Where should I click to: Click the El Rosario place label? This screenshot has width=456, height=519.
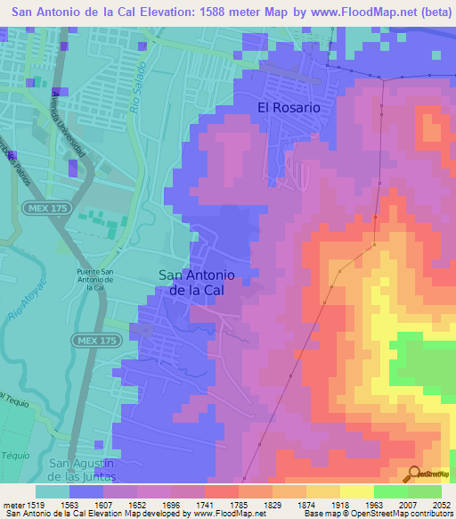click(x=288, y=107)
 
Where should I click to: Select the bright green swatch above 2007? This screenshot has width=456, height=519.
click(x=391, y=491)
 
